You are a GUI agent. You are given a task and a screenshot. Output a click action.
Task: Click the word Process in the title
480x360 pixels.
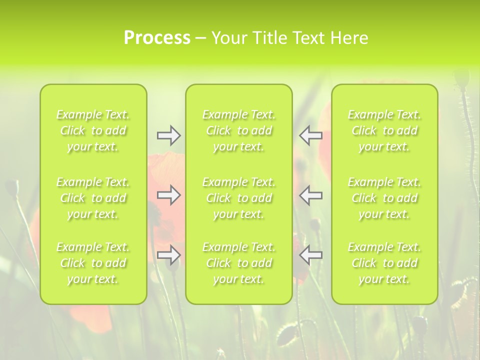pyautogui.click(x=157, y=38)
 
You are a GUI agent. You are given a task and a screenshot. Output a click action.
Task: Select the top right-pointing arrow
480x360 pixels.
pyautogui.click(x=168, y=135)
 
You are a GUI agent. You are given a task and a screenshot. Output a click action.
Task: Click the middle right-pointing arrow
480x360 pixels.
pyautogui.click(x=168, y=195)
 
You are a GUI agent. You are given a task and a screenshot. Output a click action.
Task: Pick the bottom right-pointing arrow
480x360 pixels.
pyautogui.click(x=168, y=255)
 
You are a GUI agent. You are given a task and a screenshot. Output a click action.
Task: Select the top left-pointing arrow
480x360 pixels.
pyautogui.click(x=310, y=135)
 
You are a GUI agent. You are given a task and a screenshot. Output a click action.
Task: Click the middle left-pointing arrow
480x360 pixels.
pyautogui.click(x=310, y=195)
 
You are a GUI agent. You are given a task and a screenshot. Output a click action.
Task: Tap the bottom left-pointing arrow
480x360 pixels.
pyautogui.click(x=310, y=255)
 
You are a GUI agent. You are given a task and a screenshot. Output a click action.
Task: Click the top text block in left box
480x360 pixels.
pyautogui.click(x=93, y=130)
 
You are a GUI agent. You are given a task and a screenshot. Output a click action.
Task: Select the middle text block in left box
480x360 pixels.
pyautogui.click(x=93, y=198)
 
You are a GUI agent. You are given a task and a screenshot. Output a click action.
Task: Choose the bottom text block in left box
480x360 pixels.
pyautogui.click(x=93, y=263)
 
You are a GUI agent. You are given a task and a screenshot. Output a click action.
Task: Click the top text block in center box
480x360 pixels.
pyautogui.click(x=239, y=130)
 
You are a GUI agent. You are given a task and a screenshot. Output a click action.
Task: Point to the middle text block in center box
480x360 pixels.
pyautogui.click(x=239, y=198)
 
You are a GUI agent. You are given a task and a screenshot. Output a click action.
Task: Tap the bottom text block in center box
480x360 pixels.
pyautogui.click(x=239, y=263)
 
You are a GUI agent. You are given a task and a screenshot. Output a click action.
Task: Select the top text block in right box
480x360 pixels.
pyautogui.click(x=384, y=130)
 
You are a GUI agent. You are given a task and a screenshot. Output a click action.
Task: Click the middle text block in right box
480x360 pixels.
pyautogui.click(x=384, y=198)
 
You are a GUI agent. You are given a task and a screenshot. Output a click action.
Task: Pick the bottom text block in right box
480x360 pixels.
pyautogui.click(x=384, y=263)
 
